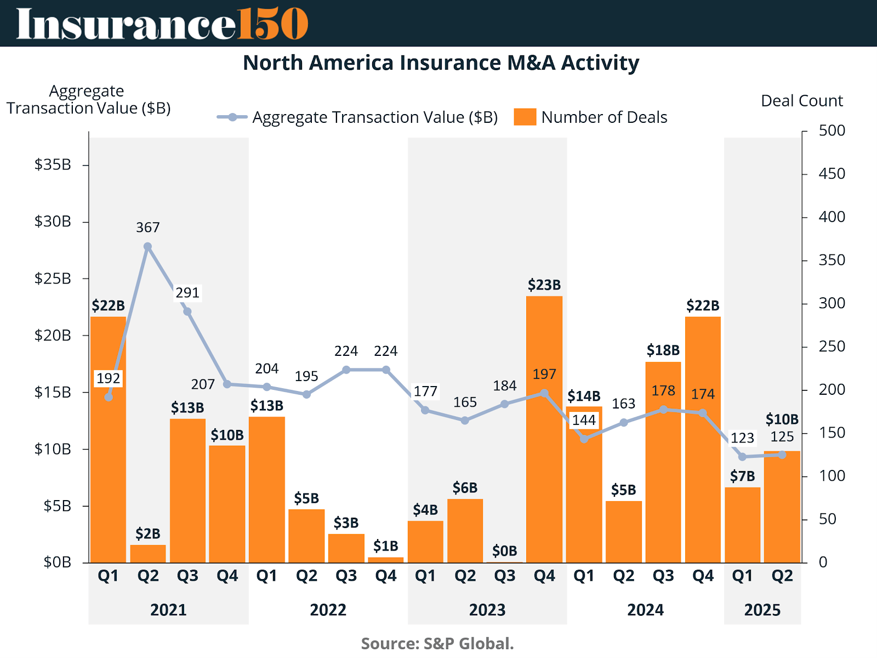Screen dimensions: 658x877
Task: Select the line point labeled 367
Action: tap(148, 247)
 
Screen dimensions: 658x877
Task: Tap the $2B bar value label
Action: tap(148, 534)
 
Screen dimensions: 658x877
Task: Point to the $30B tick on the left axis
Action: tap(53, 222)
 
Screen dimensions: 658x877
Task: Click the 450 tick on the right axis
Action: tap(832, 174)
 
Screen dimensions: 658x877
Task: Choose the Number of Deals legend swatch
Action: tap(525, 117)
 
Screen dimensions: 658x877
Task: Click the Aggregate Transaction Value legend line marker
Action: tap(233, 117)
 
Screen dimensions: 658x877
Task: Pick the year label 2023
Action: tap(487, 610)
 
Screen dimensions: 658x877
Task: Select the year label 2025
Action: tap(762, 610)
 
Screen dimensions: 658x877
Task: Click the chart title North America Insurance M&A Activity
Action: tap(441, 63)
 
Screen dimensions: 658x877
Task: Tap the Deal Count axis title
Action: tap(801, 101)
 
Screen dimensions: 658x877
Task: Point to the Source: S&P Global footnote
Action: tap(437, 643)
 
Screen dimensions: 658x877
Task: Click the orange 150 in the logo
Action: tap(272, 24)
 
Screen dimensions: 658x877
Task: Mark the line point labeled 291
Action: tap(187, 311)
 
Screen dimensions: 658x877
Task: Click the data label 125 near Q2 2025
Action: tap(782, 437)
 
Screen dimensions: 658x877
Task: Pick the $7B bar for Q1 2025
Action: tap(743, 525)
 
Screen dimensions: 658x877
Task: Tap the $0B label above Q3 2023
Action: tap(504, 551)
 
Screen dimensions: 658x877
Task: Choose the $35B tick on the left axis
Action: tap(53, 164)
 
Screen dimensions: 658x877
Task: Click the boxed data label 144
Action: tap(584, 420)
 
